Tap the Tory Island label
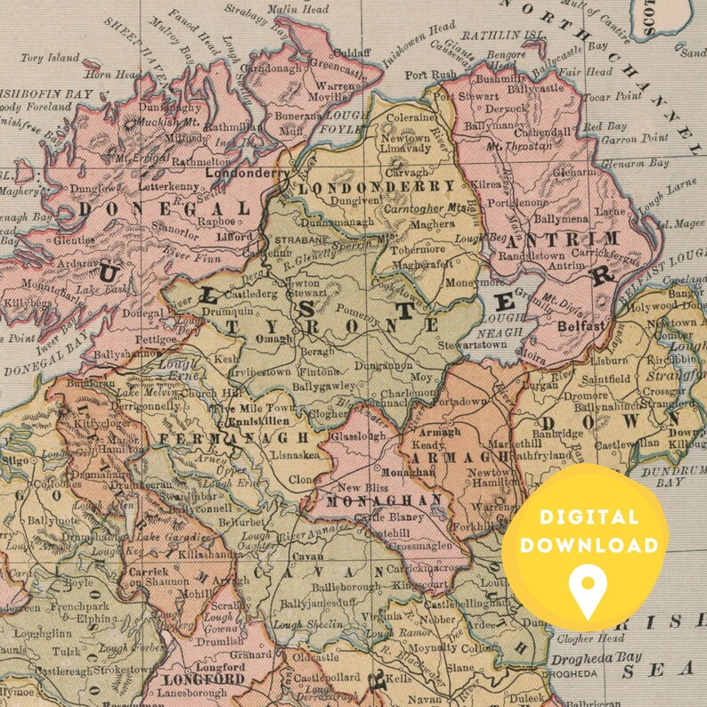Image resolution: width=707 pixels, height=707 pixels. click(x=45, y=59)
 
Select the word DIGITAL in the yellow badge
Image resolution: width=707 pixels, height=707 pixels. click(x=589, y=517)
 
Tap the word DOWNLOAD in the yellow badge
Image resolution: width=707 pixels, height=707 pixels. click(x=589, y=545)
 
